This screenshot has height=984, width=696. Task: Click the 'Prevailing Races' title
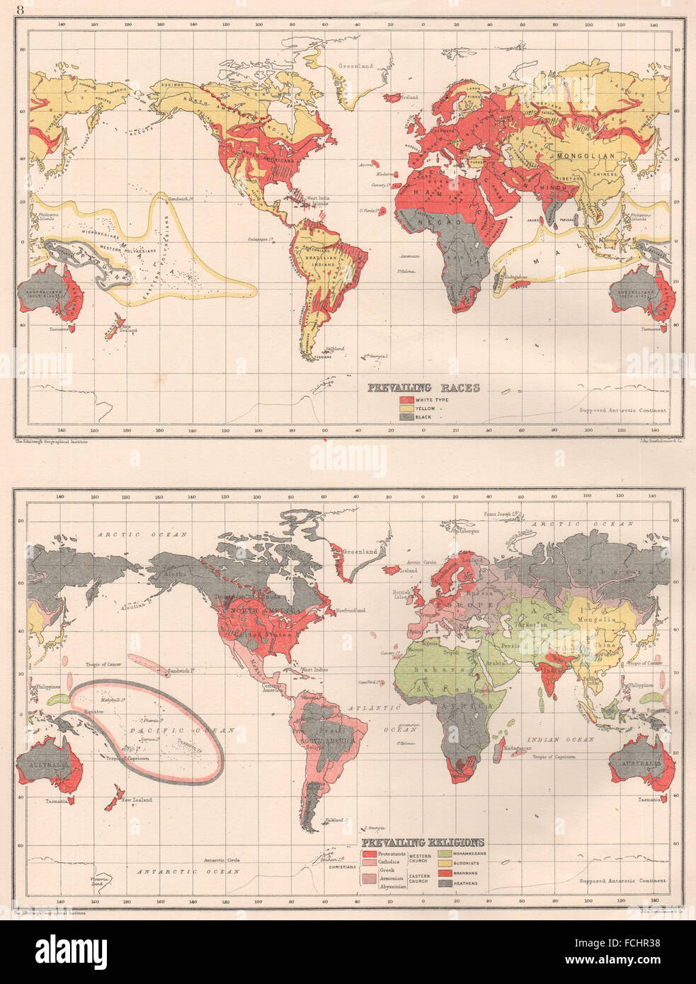[423, 387]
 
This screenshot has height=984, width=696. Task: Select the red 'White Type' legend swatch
[401, 401]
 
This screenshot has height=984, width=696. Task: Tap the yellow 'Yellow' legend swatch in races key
[401, 409]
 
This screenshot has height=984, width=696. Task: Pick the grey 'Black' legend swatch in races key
[401, 418]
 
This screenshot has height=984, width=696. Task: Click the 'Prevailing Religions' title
[423, 842]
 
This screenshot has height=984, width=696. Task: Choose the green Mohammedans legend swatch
[445, 854]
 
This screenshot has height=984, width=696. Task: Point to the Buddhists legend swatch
[445, 864]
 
